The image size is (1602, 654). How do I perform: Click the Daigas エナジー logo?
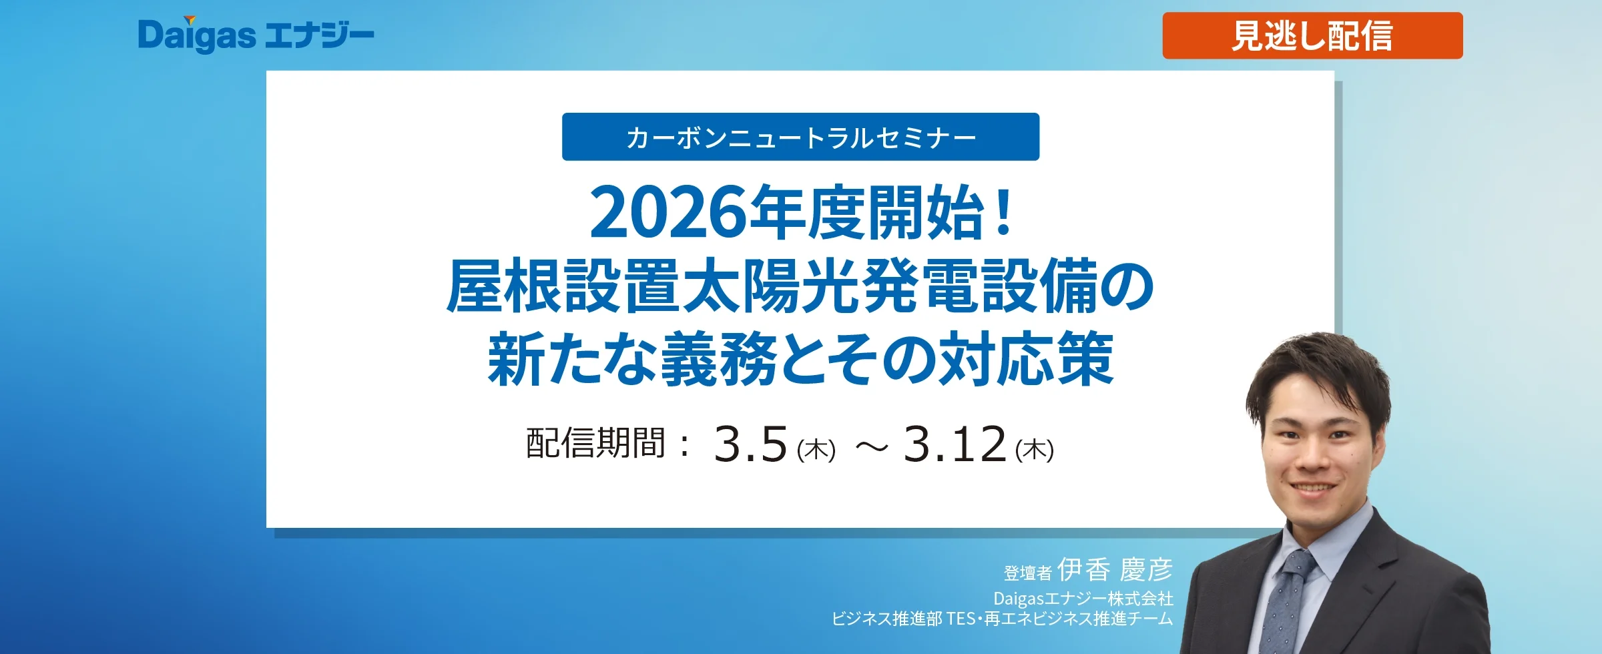point(256,35)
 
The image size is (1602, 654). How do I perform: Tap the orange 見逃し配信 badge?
point(1312,35)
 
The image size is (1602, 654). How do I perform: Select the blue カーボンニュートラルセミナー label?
point(800,137)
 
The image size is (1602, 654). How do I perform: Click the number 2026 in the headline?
point(669,213)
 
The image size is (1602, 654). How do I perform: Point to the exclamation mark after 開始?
point(1003,212)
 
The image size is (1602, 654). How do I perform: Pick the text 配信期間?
point(595,442)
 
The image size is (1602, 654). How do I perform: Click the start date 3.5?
point(751,444)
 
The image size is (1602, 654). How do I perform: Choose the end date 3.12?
point(955,444)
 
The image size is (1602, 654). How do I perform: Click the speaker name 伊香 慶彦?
point(1115,569)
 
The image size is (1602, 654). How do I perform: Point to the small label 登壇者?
point(1028,573)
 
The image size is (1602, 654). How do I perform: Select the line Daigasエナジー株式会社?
point(1083,598)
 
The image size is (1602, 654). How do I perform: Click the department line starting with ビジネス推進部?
point(1002,619)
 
